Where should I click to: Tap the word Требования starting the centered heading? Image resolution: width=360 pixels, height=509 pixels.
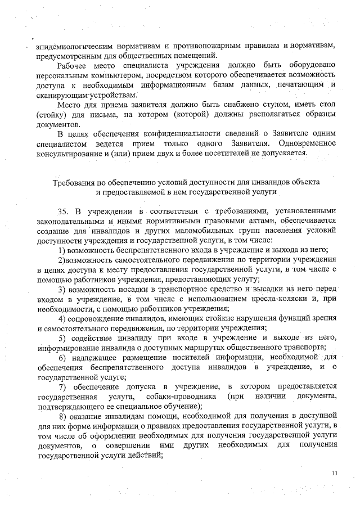74,183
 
